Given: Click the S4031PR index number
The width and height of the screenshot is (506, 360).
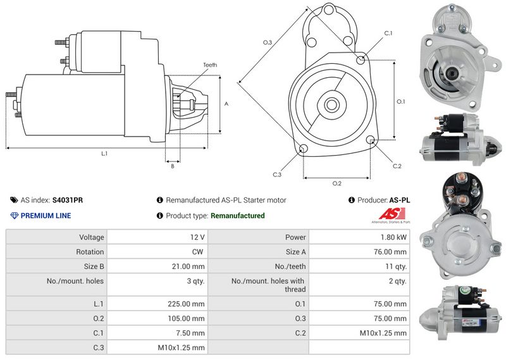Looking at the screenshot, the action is pos(68,200).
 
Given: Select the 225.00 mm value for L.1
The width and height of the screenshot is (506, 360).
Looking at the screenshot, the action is pos(186,304).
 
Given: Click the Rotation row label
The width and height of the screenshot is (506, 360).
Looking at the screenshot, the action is pos(90,252).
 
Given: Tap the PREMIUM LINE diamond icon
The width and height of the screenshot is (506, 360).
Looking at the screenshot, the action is pos(15,216).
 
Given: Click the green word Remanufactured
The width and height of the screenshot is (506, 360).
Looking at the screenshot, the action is pos(238,216).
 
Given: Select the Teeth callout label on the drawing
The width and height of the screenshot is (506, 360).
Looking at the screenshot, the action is pos(210,65).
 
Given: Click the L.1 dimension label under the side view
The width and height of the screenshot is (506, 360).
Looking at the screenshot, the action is pos(104,154).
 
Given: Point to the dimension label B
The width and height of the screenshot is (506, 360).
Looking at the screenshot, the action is pos(173,166).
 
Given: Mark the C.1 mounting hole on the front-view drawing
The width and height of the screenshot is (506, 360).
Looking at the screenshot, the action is pos(361,59).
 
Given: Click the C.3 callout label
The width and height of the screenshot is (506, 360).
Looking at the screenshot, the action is pos(277,175).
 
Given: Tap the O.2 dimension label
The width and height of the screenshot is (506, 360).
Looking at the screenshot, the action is pos(337,183).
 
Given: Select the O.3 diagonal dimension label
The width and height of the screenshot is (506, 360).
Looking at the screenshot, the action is pos(268,42).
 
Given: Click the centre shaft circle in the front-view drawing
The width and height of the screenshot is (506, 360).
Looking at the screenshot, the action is pos(331,104).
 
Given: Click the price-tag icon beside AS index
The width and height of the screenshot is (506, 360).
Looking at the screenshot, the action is pos(14,200).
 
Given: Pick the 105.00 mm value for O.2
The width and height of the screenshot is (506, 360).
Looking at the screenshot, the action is pos(186,319).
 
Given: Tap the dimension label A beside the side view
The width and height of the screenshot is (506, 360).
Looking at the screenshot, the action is pos(226,104).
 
